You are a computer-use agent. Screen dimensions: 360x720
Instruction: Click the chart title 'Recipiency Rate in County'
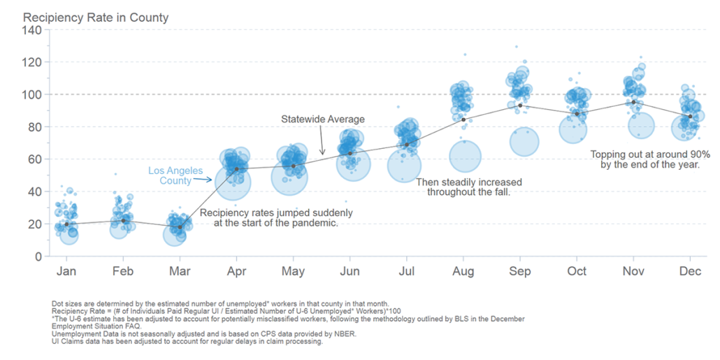[96, 17]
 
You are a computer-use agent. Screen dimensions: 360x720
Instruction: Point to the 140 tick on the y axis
[32, 29]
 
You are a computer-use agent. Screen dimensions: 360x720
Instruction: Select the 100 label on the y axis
[32, 94]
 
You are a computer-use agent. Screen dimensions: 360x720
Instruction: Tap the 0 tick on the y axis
[38, 257]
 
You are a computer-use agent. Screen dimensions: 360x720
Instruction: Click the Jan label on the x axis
[66, 271]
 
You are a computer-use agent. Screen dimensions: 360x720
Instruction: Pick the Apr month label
[236, 271]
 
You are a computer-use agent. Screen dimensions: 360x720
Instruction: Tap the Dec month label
[690, 271]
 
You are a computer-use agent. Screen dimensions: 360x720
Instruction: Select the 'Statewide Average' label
[323, 120]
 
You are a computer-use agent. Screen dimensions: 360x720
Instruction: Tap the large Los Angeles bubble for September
[524, 142]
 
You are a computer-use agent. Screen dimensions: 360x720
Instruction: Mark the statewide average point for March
[180, 226]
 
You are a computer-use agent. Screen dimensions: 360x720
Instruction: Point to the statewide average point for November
[633, 102]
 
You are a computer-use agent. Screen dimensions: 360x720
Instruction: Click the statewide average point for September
[520, 106]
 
